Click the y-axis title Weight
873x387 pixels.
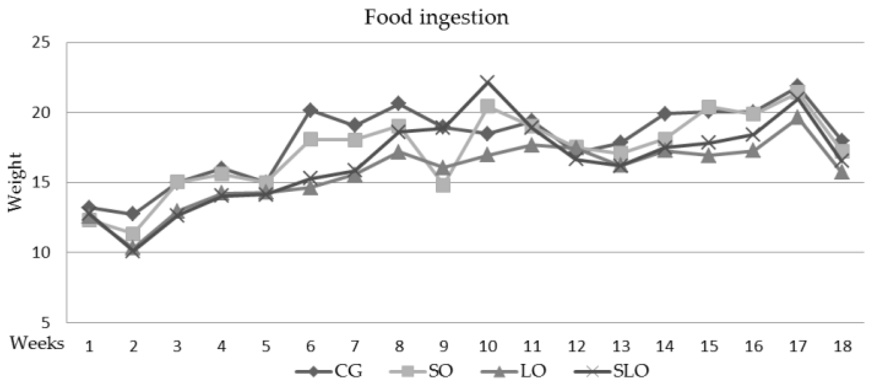(x=16, y=182)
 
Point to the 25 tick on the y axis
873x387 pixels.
(x=40, y=42)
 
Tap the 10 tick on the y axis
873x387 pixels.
(x=40, y=253)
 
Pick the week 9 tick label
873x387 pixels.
(x=443, y=347)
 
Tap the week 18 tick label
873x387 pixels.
(x=842, y=347)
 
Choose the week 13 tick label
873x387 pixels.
(x=620, y=347)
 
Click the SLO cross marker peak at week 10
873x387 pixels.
(x=488, y=82)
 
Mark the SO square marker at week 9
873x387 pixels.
(x=443, y=185)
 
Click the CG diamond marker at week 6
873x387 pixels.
(x=310, y=110)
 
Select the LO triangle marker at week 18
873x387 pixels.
(x=842, y=173)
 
